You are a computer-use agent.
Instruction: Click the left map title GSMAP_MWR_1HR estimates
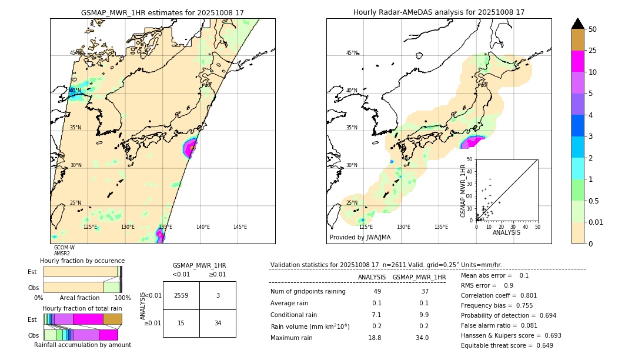click(x=162, y=12)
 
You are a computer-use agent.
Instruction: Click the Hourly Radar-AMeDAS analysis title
click(x=439, y=12)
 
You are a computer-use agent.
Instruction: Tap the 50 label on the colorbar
click(x=593, y=29)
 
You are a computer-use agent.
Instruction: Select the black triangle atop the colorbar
click(x=578, y=24)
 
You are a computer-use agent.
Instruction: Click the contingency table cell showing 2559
click(x=181, y=295)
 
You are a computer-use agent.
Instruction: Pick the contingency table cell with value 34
click(x=218, y=323)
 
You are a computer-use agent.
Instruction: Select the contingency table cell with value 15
click(x=181, y=323)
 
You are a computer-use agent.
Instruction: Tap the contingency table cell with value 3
click(x=218, y=295)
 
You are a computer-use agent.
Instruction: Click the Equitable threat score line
click(x=507, y=345)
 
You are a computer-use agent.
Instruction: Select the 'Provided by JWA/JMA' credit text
click(x=360, y=238)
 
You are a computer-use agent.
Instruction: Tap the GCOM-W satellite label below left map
click(x=64, y=248)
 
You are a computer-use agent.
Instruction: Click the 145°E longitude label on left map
click(x=240, y=227)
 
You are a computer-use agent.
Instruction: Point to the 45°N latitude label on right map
click(x=351, y=53)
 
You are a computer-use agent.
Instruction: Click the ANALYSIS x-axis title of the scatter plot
click(x=506, y=232)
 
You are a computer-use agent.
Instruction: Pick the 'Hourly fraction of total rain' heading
click(x=82, y=309)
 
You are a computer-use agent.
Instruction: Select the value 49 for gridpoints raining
click(x=377, y=292)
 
